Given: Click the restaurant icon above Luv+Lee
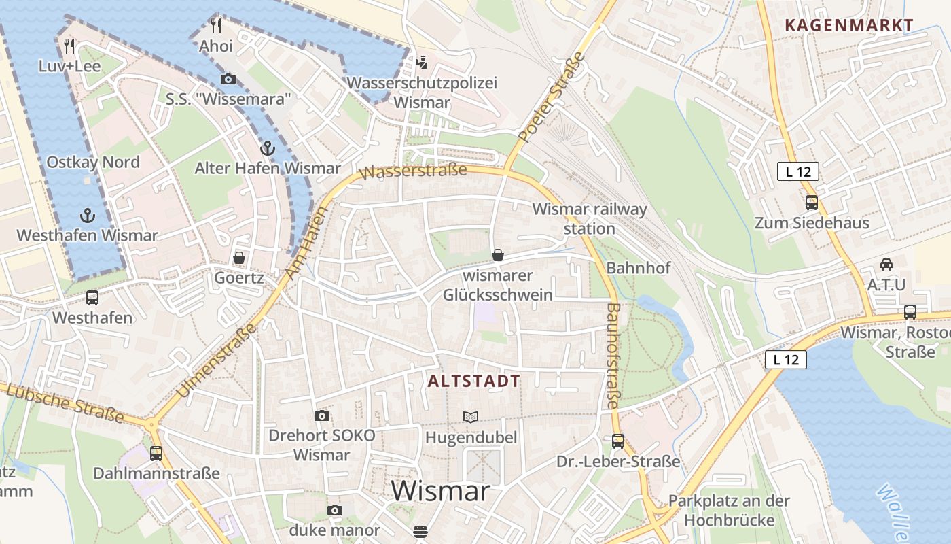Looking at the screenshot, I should (x=69, y=46).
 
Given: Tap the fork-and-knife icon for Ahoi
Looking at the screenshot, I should (x=216, y=26).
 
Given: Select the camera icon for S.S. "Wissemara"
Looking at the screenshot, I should (x=228, y=80).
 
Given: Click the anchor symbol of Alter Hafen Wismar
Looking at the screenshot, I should (x=268, y=148).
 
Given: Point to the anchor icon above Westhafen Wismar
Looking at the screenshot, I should (x=87, y=216).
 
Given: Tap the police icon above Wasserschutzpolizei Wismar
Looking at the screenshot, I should (x=422, y=63).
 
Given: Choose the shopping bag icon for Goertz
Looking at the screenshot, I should (x=239, y=258).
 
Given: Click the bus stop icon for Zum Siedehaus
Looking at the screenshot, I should (x=811, y=202).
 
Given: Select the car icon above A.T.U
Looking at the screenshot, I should (x=886, y=264).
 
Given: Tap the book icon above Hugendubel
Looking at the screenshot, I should (x=471, y=417).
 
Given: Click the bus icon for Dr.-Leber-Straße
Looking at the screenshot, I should (x=618, y=441).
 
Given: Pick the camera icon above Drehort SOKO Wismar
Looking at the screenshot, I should (x=322, y=415).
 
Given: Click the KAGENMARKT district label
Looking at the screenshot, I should (x=849, y=26).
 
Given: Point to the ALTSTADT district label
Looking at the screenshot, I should (x=474, y=381).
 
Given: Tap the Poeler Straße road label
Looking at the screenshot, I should (x=552, y=97).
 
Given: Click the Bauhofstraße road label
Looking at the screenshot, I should (x=612, y=356).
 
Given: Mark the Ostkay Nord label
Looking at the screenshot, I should (x=93, y=163).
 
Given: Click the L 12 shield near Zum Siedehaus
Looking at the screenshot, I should (x=798, y=172).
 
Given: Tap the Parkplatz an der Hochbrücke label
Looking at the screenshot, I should (x=729, y=511).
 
